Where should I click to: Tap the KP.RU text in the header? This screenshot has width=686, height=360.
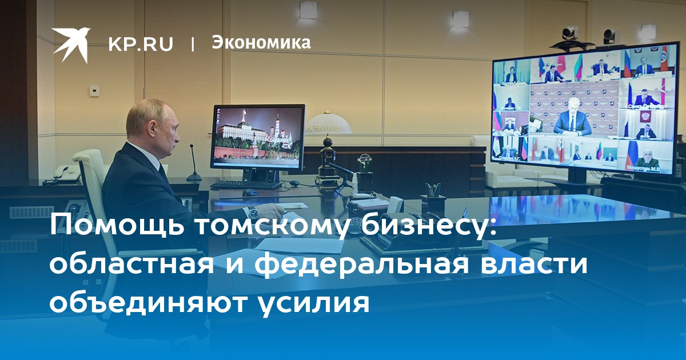pos(141,43)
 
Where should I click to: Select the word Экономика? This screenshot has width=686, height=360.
pos(261,42)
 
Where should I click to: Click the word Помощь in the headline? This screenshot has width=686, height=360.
pos(118,225)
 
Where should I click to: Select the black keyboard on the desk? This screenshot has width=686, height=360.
pos(246,185)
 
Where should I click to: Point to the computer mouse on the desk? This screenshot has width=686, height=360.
pos(250,193)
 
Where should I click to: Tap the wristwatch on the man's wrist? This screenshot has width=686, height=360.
pos(253,211)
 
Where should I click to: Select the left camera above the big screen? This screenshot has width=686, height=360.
pos(571,33)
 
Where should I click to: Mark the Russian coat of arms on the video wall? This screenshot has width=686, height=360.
pos(644,115)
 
